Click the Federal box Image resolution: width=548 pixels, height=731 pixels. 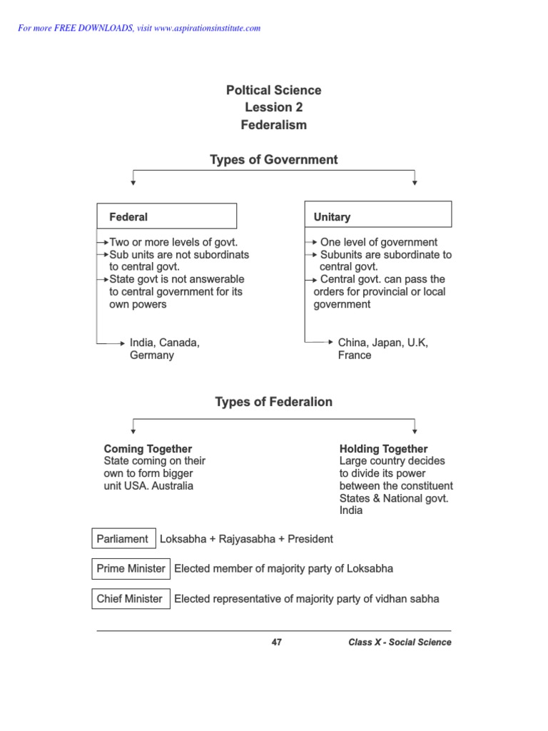166,216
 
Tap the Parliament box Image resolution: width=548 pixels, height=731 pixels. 123,539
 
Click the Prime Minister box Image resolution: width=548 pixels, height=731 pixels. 131,569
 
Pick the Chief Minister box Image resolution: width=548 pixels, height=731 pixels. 131,599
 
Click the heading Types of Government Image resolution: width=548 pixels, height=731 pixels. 273,160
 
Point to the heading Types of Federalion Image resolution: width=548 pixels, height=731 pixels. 273,403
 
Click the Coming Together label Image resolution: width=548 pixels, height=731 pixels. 148,449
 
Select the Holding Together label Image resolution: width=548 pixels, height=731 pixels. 383,449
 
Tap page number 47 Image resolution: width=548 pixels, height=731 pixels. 277,642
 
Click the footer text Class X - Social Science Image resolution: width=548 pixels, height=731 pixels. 400,642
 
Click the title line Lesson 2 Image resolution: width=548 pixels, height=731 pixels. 273,108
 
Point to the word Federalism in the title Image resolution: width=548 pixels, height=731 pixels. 273,125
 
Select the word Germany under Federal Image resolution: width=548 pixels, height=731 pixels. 151,356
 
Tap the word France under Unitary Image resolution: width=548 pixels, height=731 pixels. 355,356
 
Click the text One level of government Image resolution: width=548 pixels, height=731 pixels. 379,243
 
